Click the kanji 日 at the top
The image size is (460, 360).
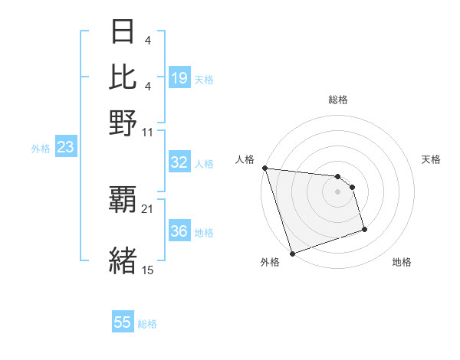(x=123, y=32)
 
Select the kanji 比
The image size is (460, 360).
(x=123, y=77)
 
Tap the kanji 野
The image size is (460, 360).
(x=123, y=122)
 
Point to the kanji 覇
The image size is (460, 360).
(x=123, y=201)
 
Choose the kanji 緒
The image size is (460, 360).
(x=123, y=260)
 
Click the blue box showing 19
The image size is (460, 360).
(x=179, y=78)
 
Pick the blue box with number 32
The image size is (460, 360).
(x=179, y=162)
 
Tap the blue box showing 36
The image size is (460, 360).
(x=179, y=231)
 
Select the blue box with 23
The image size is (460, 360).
(x=65, y=148)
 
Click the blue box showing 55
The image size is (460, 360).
(x=123, y=322)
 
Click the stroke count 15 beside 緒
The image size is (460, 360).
(x=148, y=270)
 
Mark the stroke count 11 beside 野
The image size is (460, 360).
(x=148, y=131)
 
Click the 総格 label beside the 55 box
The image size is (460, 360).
(x=147, y=324)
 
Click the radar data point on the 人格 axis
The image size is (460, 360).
(x=264, y=168)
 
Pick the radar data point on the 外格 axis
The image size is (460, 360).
(x=292, y=254)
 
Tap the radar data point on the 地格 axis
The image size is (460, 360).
(x=364, y=229)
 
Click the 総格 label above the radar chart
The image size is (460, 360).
(x=338, y=100)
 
